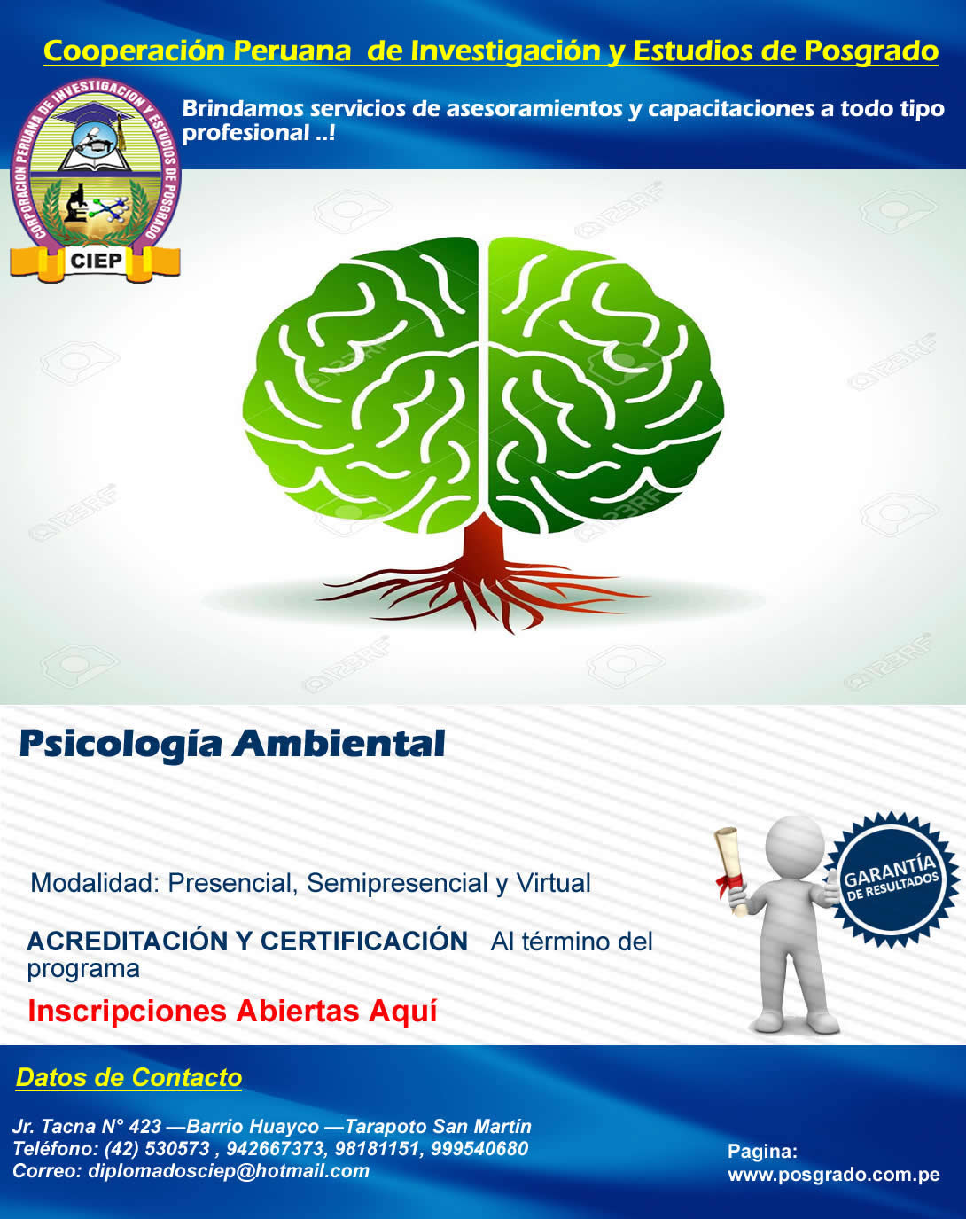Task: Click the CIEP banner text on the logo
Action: [x=97, y=261]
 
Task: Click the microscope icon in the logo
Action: [x=75, y=203]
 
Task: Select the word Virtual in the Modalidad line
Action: [x=554, y=883]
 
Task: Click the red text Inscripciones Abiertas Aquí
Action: [x=233, y=1012]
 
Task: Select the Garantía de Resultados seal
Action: [x=892, y=881]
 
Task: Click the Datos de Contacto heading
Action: [x=129, y=1077]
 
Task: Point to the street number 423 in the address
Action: [x=145, y=1127]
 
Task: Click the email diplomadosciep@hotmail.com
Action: [x=229, y=1171]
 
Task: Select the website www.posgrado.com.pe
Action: [x=833, y=1175]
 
